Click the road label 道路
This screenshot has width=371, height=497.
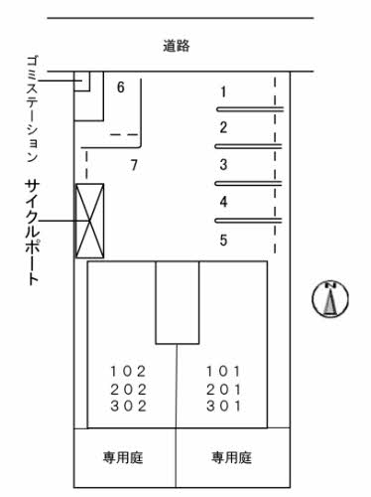click(x=178, y=45)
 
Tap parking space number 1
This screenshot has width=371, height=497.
click(x=223, y=92)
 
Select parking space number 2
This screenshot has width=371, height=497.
click(x=223, y=127)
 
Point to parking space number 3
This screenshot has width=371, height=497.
click(x=223, y=165)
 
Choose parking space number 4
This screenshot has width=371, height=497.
click(x=223, y=202)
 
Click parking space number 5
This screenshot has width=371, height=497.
click(x=223, y=240)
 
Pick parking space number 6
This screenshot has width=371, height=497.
click(x=120, y=87)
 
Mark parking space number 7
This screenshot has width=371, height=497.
click(x=133, y=165)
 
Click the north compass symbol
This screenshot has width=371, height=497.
click(x=329, y=299)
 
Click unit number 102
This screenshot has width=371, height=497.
click(x=128, y=371)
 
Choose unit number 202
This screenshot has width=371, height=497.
click(x=128, y=389)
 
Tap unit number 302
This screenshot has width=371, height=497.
click(x=128, y=407)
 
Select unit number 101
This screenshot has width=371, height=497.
click(x=224, y=371)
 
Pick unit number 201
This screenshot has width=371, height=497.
click(x=224, y=389)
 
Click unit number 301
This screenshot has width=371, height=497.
click(x=224, y=407)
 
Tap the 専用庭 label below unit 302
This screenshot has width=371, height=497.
click(x=124, y=458)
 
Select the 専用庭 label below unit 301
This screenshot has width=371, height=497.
click(x=231, y=458)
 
